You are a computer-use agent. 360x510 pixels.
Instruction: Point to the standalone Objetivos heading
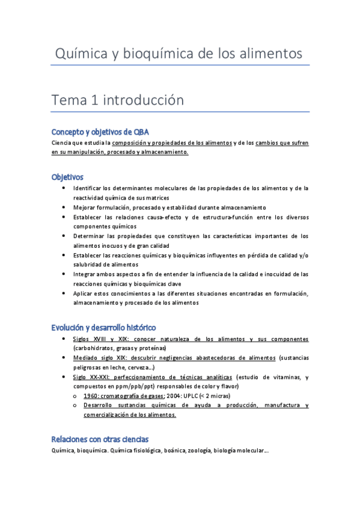[67, 177]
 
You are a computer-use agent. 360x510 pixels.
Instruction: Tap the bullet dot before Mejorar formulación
[64, 207]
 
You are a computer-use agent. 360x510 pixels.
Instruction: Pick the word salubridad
[91, 264]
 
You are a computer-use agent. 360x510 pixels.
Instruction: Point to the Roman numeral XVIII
[100, 339]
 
